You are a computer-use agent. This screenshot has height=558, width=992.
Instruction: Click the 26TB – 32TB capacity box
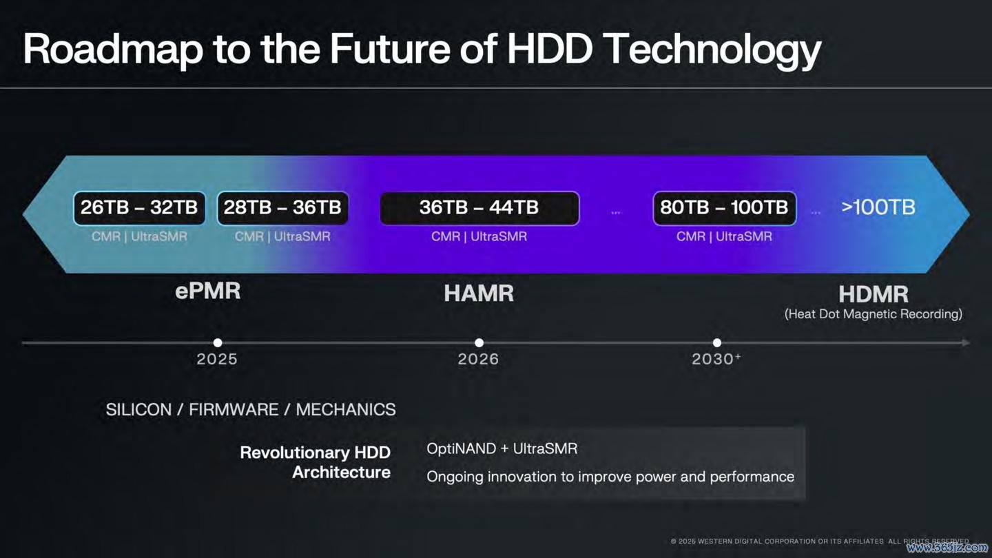(x=139, y=208)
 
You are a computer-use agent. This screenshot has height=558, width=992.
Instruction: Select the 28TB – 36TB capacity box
(x=282, y=208)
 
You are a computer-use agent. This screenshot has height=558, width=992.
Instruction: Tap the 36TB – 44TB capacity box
(x=479, y=208)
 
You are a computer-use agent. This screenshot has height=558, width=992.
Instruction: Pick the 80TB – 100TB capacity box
(x=724, y=208)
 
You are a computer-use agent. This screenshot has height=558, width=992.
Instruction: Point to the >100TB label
(x=878, y=207)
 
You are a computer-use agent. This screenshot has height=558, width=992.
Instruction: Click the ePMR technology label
(x=208, y=291)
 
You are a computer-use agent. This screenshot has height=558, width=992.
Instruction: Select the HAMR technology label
(x=479, y=293)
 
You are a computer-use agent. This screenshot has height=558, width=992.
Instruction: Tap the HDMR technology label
(x=874, y=294)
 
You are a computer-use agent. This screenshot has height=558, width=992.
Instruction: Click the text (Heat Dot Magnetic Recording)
(x=874, y=314)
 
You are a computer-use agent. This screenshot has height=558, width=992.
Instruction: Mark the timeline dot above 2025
(x=218, y=343)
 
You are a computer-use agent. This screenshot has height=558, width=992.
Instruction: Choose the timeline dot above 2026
(x=479, y=343)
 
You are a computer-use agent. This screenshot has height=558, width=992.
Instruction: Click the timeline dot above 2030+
(x=717, y=343)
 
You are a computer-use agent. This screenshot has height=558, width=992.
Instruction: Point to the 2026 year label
(x=478, y=359)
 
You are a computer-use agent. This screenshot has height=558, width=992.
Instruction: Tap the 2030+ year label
(x=716, y=359)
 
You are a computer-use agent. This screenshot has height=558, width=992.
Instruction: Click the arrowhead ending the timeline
(x=966, y=343)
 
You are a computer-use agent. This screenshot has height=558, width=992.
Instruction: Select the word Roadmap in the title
(x=113, y=49)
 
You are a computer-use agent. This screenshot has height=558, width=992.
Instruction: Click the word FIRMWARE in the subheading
(x=234, y=410)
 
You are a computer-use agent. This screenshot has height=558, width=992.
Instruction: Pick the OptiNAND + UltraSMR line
(x=502, y=448)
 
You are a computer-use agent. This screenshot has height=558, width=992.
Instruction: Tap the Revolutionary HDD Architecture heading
(x=315, y=462)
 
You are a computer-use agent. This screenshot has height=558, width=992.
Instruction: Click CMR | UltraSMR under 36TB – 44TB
(x=479, y=236)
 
